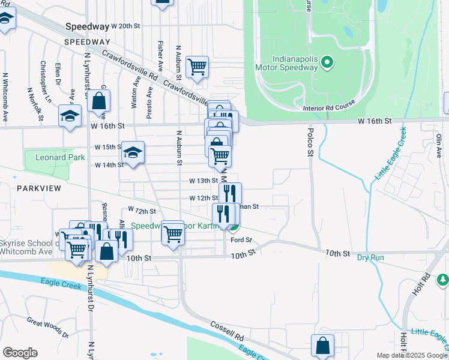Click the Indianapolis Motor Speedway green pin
click(x=327, y=62)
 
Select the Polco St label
click(x=310, y=142)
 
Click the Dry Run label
click(x=370, y=257)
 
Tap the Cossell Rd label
click(x=226, y=328)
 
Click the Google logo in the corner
click(x=20, y=353)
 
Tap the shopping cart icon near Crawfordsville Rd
click(x=197, y=67)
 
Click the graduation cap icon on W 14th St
click(x=133, y=151)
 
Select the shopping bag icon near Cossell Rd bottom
click(x=322, y=346)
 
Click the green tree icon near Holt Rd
click(x=442, y=280)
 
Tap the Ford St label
click(x=241, y=240)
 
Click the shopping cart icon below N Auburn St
click(x=173, y=232)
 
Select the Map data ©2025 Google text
click(x=412, y=355)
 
